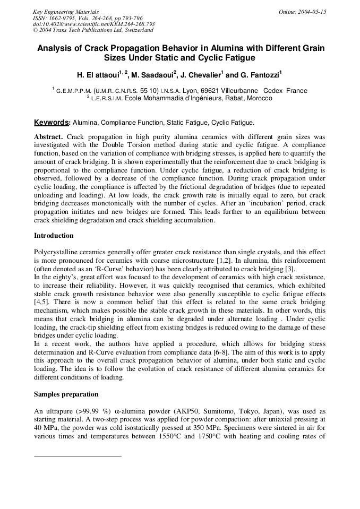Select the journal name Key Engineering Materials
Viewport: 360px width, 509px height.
[65, 11]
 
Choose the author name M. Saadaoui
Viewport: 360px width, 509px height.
[151, 74]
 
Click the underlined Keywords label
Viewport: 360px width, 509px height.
[52, 122]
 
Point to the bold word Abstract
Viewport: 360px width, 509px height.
[48, 136]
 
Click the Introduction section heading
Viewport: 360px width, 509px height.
[54, 235]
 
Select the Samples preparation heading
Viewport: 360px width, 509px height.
[66, 394]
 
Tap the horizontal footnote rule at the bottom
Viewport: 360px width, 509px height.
[78, 455]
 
